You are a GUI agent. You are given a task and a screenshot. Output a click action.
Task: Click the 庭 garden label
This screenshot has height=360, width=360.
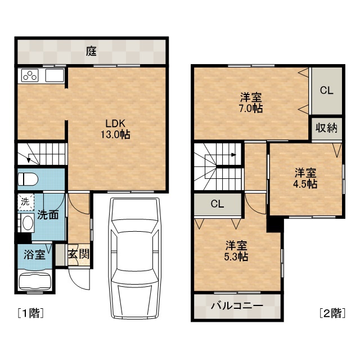click(x=91, y=51)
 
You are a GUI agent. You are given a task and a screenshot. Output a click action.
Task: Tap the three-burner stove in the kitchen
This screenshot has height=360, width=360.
click(x=30, y=75)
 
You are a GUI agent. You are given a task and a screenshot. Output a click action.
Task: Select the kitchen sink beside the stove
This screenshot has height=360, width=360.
click(x=55, y=75)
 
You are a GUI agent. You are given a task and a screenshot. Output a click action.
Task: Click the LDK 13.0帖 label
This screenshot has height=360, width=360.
click(x=115, y=129)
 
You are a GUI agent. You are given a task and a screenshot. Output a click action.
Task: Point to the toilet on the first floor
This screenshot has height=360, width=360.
click(x=28, y=179)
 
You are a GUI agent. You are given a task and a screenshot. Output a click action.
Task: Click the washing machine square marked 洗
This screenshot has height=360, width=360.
click(x=26, y=202)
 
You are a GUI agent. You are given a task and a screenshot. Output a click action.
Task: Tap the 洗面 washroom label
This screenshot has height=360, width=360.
click(x=48, y=215)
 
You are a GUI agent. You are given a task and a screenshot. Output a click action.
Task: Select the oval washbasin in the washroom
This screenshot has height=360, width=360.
click(x=28, y=223)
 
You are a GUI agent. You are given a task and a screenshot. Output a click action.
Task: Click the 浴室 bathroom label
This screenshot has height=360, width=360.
click(x=34, y=255)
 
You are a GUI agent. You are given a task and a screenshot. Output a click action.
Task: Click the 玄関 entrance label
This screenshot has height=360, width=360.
click(x=79, y=254)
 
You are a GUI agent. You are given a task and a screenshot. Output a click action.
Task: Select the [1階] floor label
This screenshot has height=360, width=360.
click(x=30, y=313)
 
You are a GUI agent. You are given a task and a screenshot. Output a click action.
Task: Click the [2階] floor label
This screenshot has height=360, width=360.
click(x=332, y=313)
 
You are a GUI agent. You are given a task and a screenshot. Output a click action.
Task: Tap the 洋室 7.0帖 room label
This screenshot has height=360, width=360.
click(x=251, y=103)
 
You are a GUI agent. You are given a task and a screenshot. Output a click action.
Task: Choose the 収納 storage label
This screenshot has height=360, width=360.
click(x=326, y=128)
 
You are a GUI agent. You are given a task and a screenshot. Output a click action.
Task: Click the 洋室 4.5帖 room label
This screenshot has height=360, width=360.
click(x=305, y=178)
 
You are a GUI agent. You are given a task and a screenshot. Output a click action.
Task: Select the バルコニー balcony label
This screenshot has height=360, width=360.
click(x=237, y=306)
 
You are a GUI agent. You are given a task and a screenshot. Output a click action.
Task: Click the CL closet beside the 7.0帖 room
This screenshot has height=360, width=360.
click(x=326, y=91)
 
